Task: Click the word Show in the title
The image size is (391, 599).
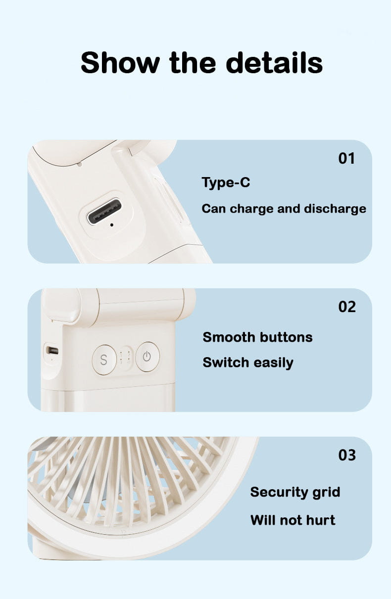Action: (120, 63)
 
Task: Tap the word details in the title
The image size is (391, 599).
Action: (274, 63)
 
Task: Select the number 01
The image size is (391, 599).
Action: (346, 158)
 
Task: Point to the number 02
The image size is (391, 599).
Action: (347, 307)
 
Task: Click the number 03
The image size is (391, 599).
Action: (347, 455)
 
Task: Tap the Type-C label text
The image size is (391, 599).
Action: (226, 183)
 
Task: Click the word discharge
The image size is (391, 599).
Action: (335, 209)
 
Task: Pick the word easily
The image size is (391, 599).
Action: (273, 363)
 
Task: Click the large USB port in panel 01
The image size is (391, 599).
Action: (104, 211)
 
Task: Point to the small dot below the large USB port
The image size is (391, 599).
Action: (111, 225)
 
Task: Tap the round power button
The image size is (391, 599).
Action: (147, 357)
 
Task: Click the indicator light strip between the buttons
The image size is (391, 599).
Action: (125, 358)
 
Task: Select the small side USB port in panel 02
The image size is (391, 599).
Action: (52, 350)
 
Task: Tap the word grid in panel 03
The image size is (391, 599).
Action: (326, 492)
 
